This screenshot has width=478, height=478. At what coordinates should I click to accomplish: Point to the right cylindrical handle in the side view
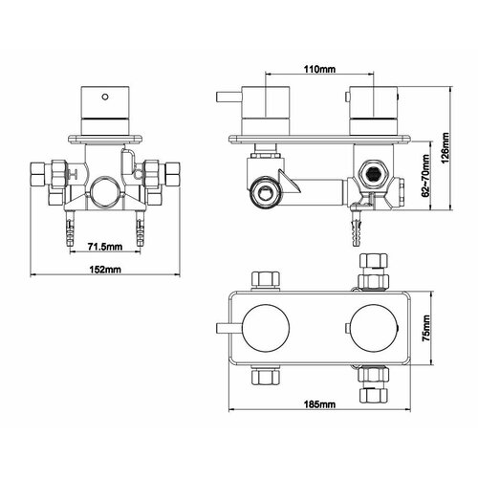(x=373, y=108)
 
